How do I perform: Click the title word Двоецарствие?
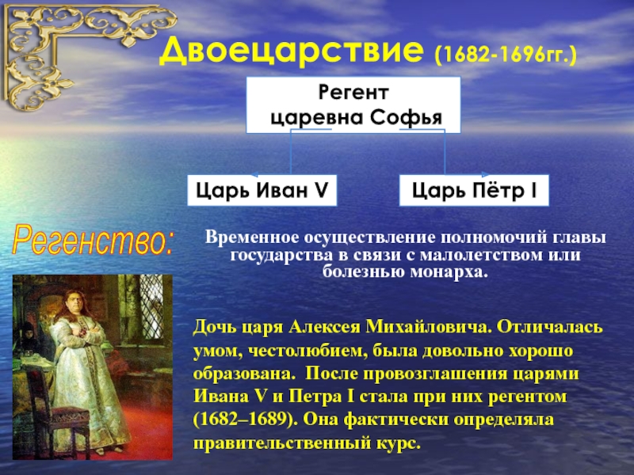(292, 51)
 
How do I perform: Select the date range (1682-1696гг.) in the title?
(506, 55)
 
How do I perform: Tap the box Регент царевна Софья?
(353, 105)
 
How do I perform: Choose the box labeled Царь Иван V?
(262, 190)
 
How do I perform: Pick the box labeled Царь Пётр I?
(474, 190)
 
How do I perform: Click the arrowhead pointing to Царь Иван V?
(254, 175)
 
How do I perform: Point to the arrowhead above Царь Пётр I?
(485, 174)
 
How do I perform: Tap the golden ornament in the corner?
(81, 52)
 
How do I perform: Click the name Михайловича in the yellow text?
(429, 326)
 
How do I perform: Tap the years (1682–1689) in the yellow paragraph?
(245, 420)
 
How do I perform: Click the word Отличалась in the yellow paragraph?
(549, 326)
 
